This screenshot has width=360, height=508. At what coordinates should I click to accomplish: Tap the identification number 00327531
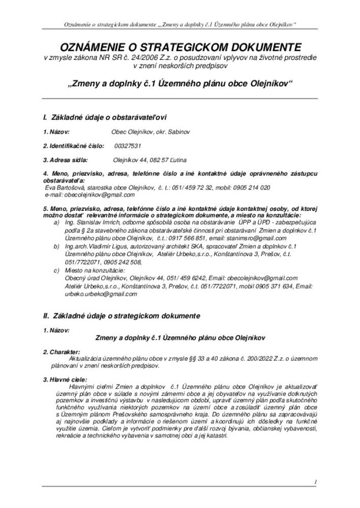128,146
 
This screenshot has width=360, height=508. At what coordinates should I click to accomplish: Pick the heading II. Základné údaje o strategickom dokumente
122,315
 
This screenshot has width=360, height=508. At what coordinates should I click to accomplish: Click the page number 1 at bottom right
315,482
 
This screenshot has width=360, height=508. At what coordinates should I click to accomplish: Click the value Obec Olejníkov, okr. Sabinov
151,132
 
